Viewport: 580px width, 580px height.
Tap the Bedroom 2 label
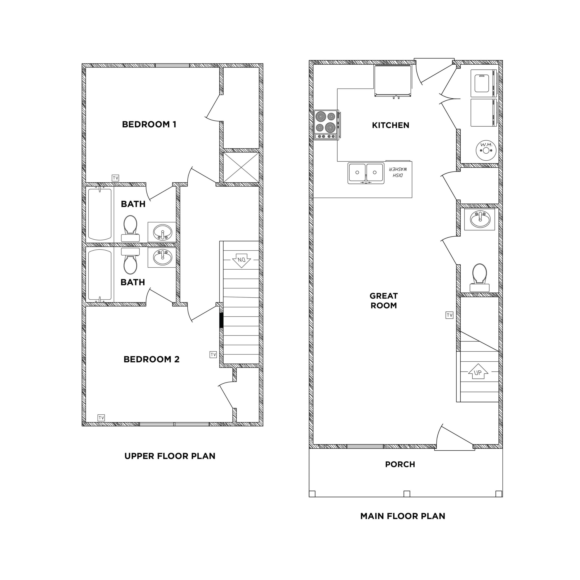tap(151, 359)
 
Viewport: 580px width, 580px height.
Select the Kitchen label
tap(390, 125)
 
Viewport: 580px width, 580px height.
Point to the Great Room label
tap(383, 300)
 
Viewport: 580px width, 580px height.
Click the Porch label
tap(400, 464)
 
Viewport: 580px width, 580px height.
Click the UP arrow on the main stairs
tap(478, 372)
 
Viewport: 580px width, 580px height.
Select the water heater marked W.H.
tap(486, 149)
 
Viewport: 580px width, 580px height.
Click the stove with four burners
tap(326, 125)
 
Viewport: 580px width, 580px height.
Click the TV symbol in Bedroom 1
tap(115, 178)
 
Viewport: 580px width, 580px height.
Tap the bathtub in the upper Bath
tap(100, 214)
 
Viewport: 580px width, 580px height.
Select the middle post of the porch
tap(406, 493)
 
